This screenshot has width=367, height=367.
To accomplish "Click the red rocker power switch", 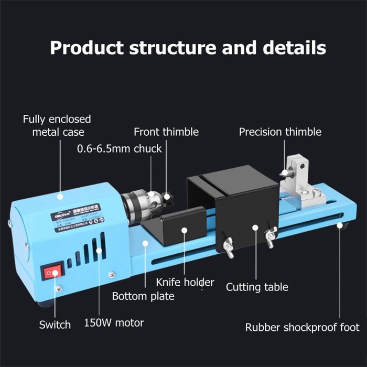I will point(51,273).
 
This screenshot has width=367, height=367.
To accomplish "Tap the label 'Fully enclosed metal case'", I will point(57,126).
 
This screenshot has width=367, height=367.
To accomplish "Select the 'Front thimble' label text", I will point(166,132).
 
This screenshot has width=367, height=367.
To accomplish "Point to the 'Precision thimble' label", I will point(280,132).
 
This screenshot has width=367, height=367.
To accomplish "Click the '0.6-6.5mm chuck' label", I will point(120,148).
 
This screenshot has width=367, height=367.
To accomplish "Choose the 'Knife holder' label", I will point(185,282).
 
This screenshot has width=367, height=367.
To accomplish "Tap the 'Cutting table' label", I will point(257,287).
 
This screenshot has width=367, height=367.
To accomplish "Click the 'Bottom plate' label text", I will point(143,296).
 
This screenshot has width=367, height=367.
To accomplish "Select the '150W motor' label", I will point(114,322).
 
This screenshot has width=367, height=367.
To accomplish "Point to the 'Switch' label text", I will point(55,325).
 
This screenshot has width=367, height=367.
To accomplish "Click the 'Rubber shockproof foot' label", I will point(303,328).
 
